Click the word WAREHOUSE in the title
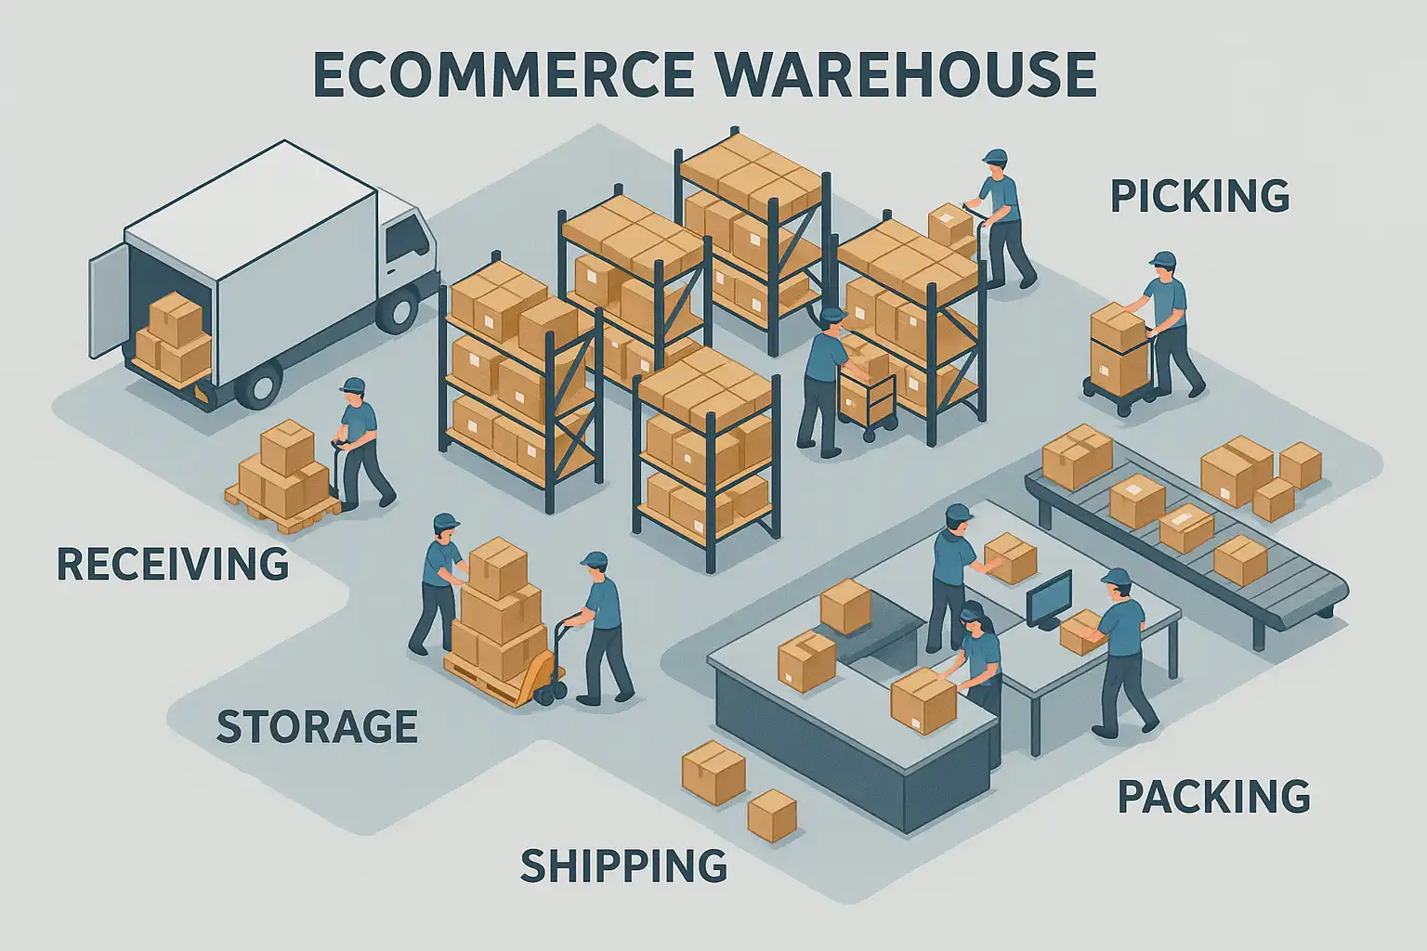click(x=907, y=74)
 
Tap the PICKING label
click(x=1199, y=197)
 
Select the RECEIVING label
click(x=173, y=564)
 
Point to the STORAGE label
click(x=316, y=726)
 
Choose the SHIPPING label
click(x=623, y=866)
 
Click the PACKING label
click(x=1213, y=797)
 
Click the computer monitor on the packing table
click(x=1050, y=596)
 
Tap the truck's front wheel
click(x=398, y=309)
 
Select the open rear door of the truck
click(x=106, y=306)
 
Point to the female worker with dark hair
click(x=977, y=650)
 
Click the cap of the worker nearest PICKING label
click(x=1162, y=259)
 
